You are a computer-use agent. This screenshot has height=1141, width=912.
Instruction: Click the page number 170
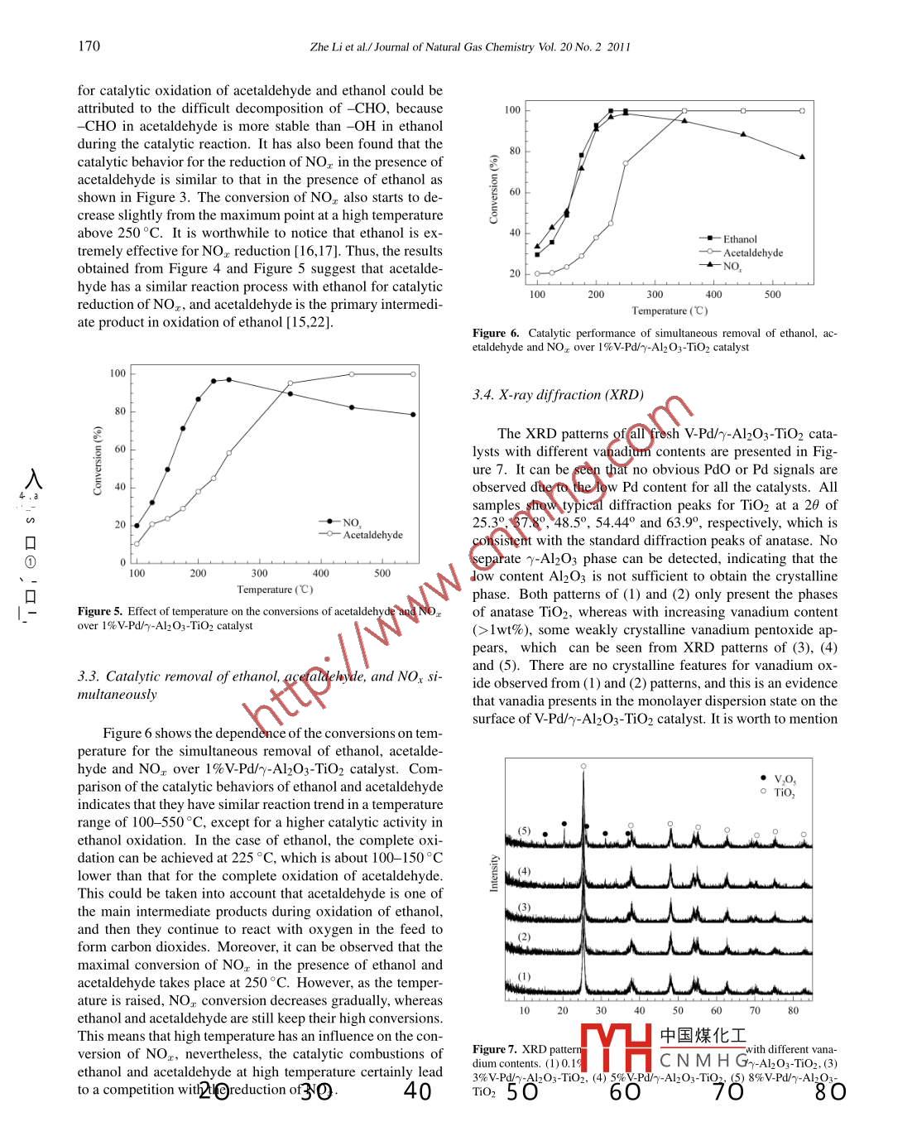click(89, 46)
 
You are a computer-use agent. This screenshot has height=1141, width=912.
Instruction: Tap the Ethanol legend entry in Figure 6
click(739, 239)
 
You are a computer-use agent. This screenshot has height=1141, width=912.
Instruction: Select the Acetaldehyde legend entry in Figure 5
click(372, 535)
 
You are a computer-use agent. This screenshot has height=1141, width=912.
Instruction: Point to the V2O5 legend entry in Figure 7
click(784, 779)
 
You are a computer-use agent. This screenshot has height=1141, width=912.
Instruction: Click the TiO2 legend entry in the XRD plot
click(783, 792)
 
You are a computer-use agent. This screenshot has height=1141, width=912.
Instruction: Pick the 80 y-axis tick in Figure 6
click(515, 151)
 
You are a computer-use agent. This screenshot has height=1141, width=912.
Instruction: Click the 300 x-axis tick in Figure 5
click(259, 573)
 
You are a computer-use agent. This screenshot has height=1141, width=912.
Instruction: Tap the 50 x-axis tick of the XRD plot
click(678, 1010)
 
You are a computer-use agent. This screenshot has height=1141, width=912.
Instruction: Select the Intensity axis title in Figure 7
click(494, 873)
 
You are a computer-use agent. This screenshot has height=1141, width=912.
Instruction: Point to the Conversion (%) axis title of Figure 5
click(98, 460)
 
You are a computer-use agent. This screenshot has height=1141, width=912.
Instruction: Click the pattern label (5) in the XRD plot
click(524, 830)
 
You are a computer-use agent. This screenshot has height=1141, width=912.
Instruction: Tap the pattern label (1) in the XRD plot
click(524, 976)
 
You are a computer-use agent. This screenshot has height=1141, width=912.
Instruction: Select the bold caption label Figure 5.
click(100, 611)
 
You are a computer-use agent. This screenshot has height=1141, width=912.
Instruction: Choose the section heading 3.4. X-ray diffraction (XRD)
click(558, 395)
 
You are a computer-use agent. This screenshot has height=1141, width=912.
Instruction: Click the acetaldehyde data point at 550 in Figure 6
click(802, 111)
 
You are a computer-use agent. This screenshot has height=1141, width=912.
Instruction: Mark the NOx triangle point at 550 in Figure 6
click(802, 156)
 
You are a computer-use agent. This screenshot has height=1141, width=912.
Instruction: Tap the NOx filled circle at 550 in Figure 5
click(413, 415)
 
